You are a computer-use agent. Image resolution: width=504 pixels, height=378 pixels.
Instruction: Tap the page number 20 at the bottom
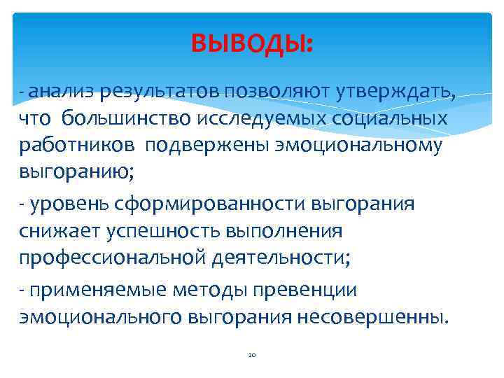pyautogui.click(x=252, y=356)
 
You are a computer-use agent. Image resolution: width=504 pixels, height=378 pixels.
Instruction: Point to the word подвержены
pyautogui.click(x=194, y=146)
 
